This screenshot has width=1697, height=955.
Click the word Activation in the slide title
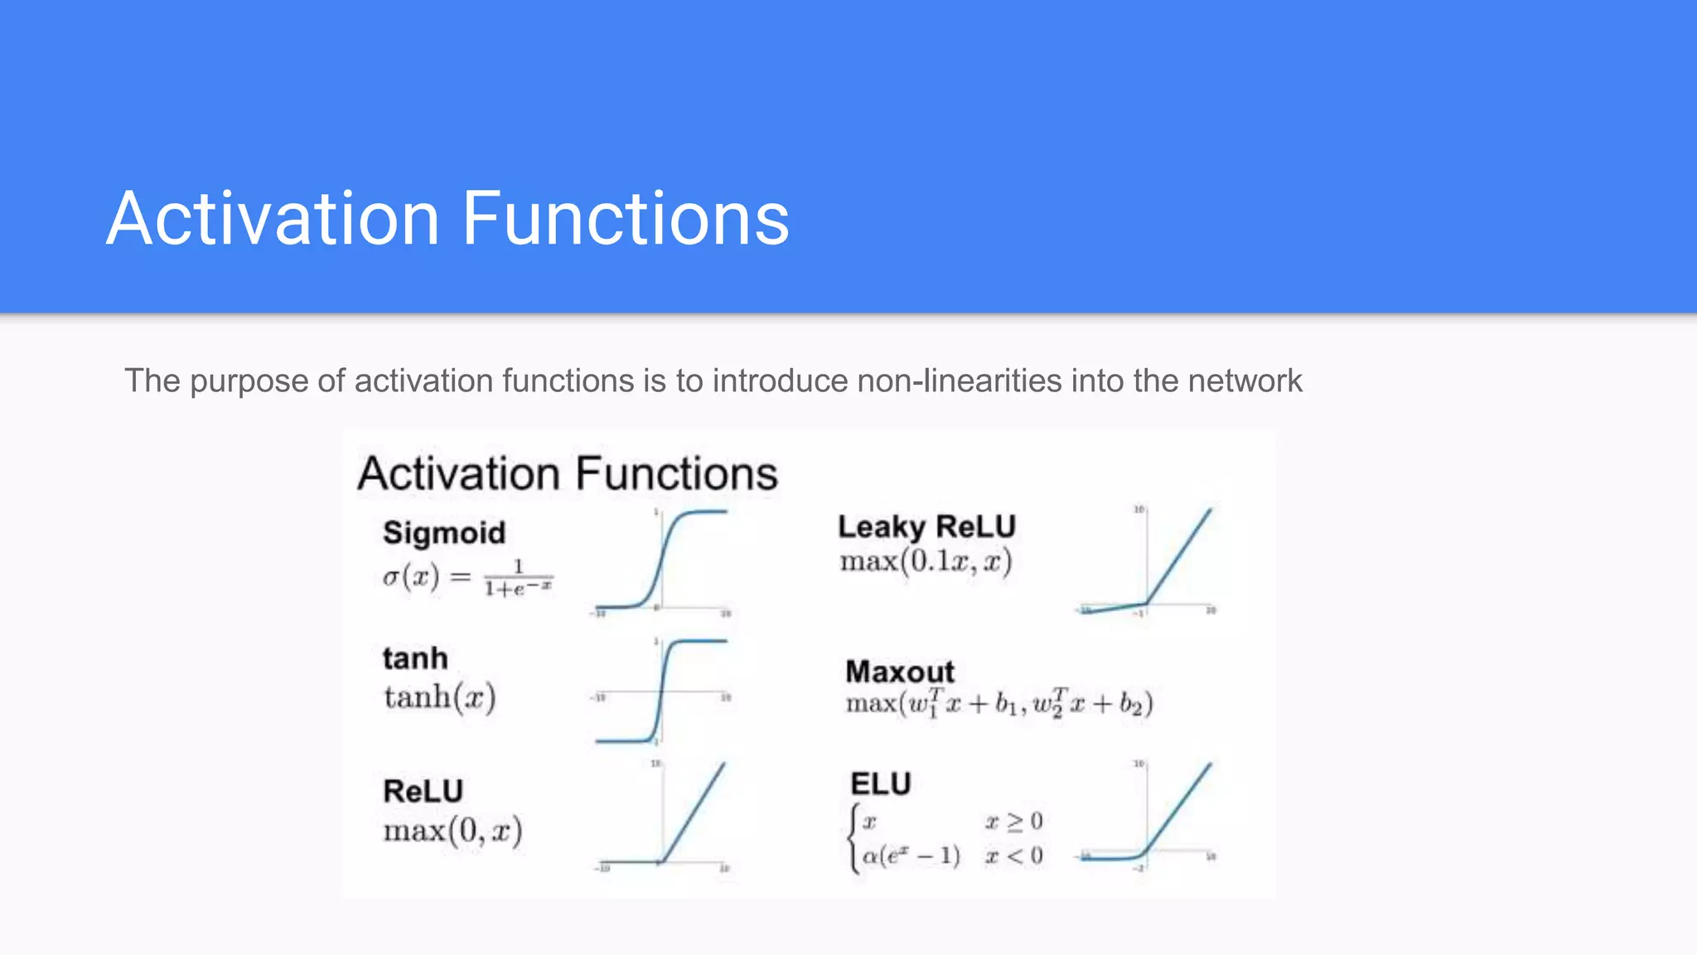(x=273, y=219)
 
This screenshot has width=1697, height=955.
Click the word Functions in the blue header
(x=625, y=219)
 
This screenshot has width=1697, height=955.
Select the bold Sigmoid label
(x=444, y=532)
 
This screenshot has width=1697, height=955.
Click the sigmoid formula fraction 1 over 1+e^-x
(x=518, y=579)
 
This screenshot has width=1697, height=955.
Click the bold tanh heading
(x=415, y=658)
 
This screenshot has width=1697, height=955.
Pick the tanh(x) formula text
(x=440, y=697)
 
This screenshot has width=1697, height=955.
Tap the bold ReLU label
(x=423, y=791)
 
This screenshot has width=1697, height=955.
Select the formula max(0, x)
(x=452, y=831)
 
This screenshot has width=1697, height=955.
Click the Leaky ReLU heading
(x=926, y=526)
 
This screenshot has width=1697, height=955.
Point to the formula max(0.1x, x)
(x=926, y=562)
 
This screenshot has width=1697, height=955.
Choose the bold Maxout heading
(x=900, y=671)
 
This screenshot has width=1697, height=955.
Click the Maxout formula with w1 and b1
(x=998, y=704)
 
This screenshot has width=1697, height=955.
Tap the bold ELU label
(x=880, y=783)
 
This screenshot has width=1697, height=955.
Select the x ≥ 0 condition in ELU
(x=1013, y=822)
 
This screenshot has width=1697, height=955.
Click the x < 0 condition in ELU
(x=1013, y=856)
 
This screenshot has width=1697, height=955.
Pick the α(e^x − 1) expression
(x=911, y=856)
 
